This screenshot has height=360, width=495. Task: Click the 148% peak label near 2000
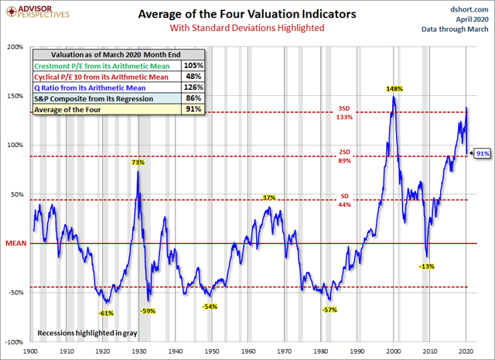394,89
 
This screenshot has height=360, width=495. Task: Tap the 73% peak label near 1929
138,163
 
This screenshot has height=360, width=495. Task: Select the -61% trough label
107,312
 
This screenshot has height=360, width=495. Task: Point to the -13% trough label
426,266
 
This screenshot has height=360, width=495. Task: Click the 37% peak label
269,198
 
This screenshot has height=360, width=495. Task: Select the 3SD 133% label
344,112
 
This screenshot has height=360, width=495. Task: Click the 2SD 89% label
344,157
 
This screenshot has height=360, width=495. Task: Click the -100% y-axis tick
13,341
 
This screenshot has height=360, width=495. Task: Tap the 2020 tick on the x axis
466,350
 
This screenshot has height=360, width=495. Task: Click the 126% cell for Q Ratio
193,87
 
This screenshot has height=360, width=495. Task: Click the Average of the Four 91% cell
193,109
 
